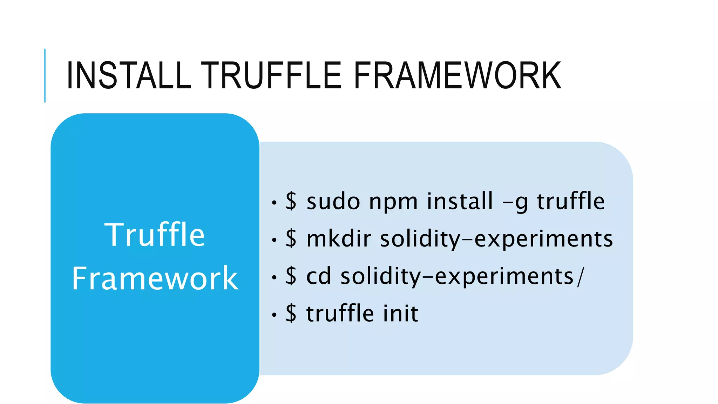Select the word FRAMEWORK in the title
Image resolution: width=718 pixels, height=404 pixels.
(458, 75)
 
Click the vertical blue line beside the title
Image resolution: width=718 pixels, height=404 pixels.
(45, 75)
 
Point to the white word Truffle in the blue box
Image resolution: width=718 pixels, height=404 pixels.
(155, 235)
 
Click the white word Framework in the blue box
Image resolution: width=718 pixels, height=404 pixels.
(155, 278)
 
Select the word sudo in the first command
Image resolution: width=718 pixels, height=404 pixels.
(333, 202)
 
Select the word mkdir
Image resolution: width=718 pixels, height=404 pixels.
(339, 239)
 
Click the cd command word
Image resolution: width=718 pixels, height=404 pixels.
(319, 276)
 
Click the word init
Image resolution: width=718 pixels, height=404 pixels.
(400, 313)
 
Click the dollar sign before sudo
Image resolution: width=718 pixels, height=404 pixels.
(291, 201)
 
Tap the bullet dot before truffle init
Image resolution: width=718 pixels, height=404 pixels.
(274, 315)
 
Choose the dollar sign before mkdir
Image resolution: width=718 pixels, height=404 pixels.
(291, 238)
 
